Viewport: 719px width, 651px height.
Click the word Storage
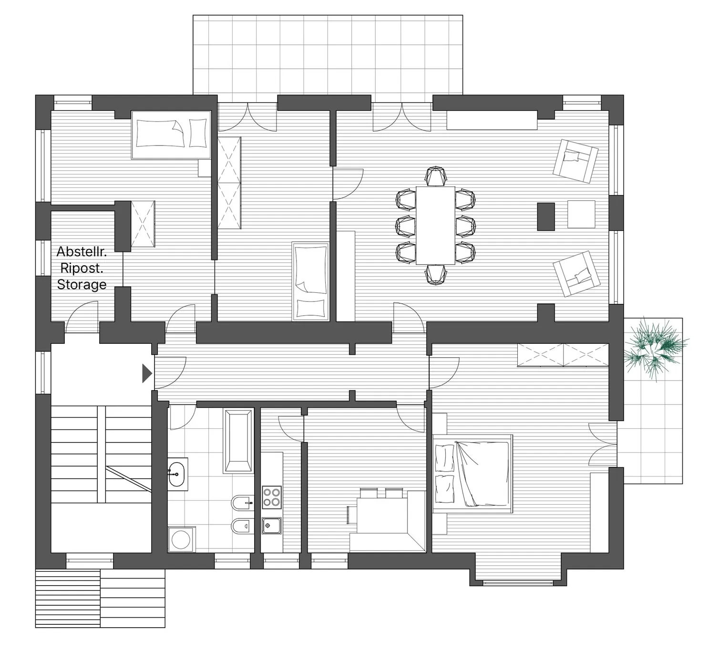pos(82,284)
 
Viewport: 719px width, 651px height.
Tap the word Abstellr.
pos(82,251)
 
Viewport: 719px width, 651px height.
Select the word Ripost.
pos(82,268)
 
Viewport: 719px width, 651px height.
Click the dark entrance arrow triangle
pos(147,373)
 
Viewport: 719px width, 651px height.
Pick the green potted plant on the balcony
pos(655,349)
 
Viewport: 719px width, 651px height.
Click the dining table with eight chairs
pos(435,226)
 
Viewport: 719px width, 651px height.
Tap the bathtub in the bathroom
pos(237,441)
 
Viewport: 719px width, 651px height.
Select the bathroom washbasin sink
pos(176,474)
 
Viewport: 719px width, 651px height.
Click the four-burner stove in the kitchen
pos(272,497)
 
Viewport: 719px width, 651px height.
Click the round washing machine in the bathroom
pos(181,539)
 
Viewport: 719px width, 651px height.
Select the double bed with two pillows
pos(473,474)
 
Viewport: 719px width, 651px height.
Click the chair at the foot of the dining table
pos(435,275)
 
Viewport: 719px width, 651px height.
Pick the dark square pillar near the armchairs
pos(546,217)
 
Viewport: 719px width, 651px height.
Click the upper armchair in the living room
pos(575,161)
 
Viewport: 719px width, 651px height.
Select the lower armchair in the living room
pos(576,274)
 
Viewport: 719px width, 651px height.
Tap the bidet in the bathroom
pos(242,504)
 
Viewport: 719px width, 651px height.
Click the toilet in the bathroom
pos(242,527)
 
